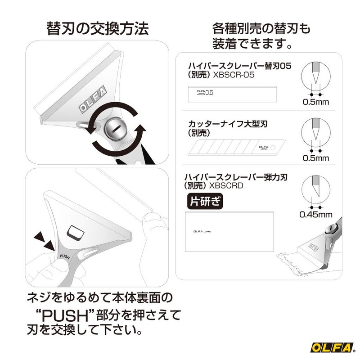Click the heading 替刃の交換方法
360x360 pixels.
[x=97, y=29]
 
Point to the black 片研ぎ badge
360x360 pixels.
[x=205, y=201]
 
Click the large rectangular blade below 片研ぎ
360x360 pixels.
[x=229, y=231]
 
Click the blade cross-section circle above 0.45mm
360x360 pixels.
[x=315, y=189]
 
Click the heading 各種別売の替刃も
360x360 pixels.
[x=261, y=29]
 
